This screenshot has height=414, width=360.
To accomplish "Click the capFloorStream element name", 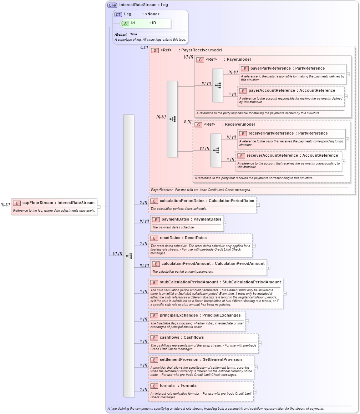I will [37, 203].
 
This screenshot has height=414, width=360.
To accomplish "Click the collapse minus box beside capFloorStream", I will [98, 207].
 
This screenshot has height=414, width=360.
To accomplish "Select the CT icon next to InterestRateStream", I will [112, 5].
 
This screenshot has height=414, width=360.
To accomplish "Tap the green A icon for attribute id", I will [126, 23].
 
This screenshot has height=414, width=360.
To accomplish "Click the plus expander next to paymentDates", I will [225, 223].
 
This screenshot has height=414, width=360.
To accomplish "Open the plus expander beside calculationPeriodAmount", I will [268, 268].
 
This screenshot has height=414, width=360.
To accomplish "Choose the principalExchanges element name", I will [179, 315].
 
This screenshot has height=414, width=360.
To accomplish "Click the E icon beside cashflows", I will [154, 338].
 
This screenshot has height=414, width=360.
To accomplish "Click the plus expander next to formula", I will [255, 392].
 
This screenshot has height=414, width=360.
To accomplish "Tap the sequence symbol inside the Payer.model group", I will [217, 85].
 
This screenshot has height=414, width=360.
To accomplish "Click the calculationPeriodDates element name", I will [183, 201].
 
